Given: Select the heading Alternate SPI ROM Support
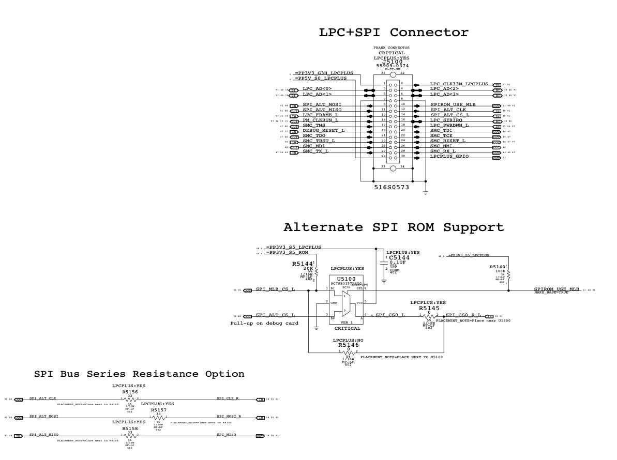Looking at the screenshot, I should pos(393,227).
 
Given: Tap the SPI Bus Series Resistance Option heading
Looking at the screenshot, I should pos(139,373).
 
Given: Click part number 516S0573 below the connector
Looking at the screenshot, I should pos(392,189).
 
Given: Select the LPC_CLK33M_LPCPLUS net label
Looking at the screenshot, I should pos(459,84).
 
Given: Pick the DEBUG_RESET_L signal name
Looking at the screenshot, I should pos(323,130).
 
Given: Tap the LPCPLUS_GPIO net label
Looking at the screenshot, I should pos(449,156).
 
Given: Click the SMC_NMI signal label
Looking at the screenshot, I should pos(442,146).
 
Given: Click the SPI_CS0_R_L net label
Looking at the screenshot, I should pos(463,315).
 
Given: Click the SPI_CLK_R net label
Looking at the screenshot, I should pos(228,398).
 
